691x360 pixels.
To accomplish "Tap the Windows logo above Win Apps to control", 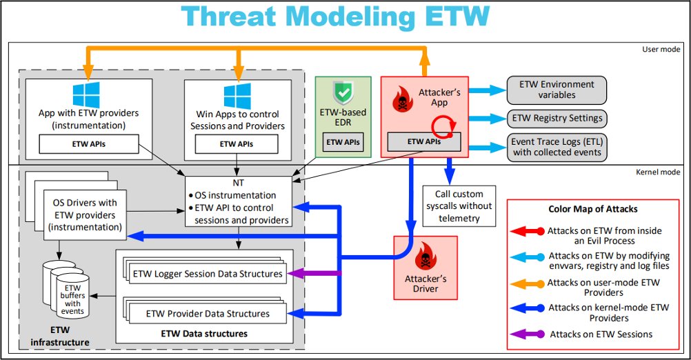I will [x=237, y=95].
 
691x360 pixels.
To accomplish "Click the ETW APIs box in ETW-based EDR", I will [x=343, y=143].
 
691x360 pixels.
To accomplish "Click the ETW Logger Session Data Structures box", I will [x=207, y=274].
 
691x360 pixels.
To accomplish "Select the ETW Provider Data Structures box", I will [x=208, y=314].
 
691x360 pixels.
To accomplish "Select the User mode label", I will [x=662, y=50].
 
